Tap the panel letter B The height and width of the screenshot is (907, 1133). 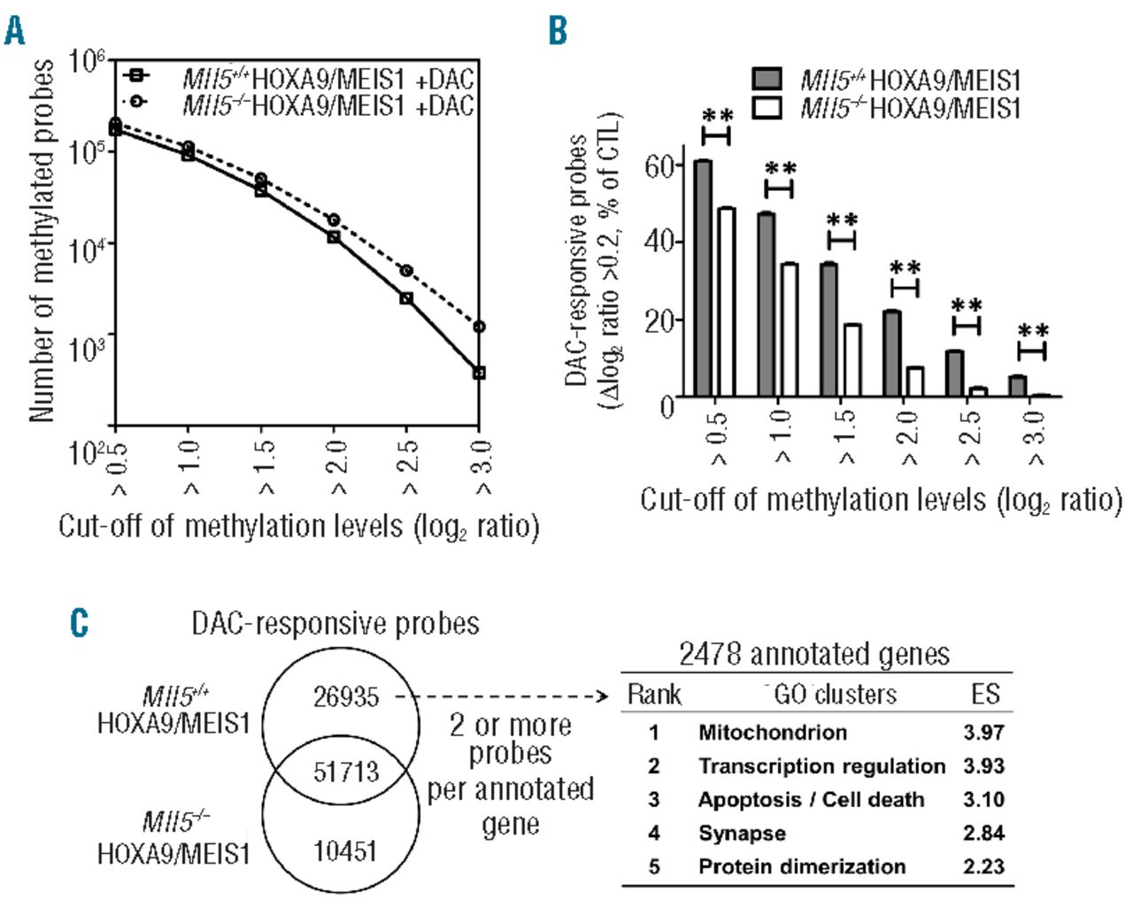tap(558, 31)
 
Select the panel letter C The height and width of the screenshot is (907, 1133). tap(80, 622)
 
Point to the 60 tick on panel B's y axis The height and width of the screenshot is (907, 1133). tap(659, 165)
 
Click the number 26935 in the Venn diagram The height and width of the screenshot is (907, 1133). tap(345, 697)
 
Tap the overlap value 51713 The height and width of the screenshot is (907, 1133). tap(345, 772)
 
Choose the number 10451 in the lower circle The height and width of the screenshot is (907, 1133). tap(345, 851)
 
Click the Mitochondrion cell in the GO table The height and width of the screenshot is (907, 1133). tap(772, 733)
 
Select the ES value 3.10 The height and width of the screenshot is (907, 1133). tap(984, 800)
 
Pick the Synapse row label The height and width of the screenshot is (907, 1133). tap(742, 834)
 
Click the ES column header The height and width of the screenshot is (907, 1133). tap(984, 694)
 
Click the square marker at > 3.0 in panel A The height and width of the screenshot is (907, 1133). tap(479, 373)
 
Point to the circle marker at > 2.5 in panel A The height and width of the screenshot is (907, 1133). tap(406, 271)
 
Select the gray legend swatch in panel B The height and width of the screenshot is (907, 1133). tap(767, 80)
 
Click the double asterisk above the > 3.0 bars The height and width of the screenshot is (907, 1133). tap(1033, 333)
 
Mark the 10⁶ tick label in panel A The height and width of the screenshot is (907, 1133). tap(87, 62)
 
